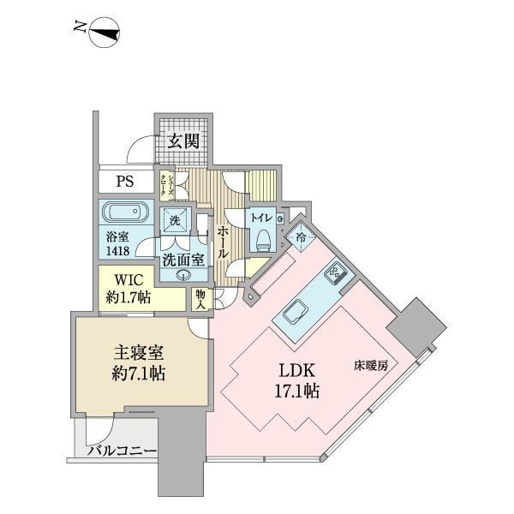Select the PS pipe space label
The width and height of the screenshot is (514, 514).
[x=125, y=182]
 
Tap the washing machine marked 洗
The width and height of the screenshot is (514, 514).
[x=176, y=221]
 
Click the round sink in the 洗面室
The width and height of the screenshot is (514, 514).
[x=182, y=274]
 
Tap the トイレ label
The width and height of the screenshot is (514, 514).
[x=262, y=218]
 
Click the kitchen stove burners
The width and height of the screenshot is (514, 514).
[x=332, y=276]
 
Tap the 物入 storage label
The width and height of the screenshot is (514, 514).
[x=200, y=299]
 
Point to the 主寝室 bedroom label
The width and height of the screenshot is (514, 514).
[x=140, y=354]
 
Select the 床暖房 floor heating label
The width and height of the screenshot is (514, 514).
[x=371, y=366]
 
